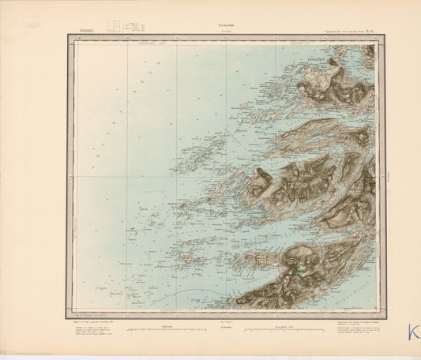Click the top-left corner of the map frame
(x=66, y=35)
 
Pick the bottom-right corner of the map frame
(x=386, y=317)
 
